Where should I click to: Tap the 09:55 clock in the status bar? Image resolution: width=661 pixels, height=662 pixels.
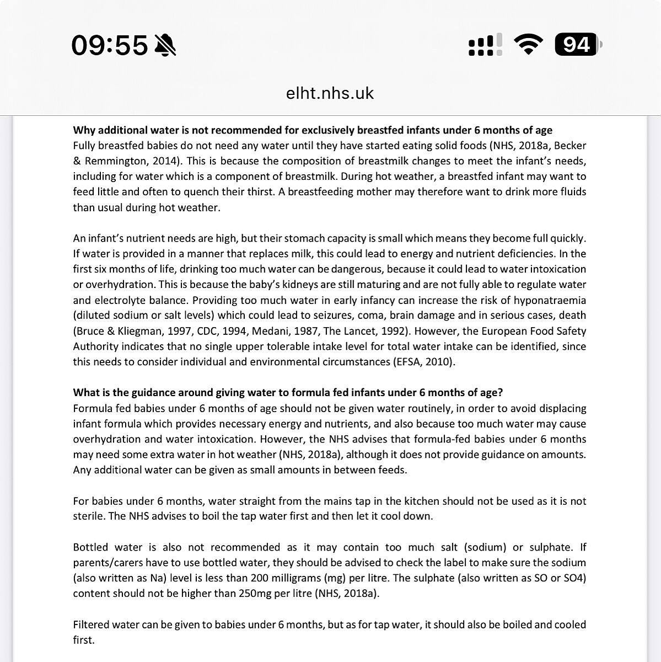point(110,45)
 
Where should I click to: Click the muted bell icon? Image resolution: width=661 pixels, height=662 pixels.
point(165,45)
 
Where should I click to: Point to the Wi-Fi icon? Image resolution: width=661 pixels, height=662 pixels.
point(528,44)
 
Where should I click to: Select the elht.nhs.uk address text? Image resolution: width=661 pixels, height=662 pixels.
point(330,93)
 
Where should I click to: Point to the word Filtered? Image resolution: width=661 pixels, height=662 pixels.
point(91,624)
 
